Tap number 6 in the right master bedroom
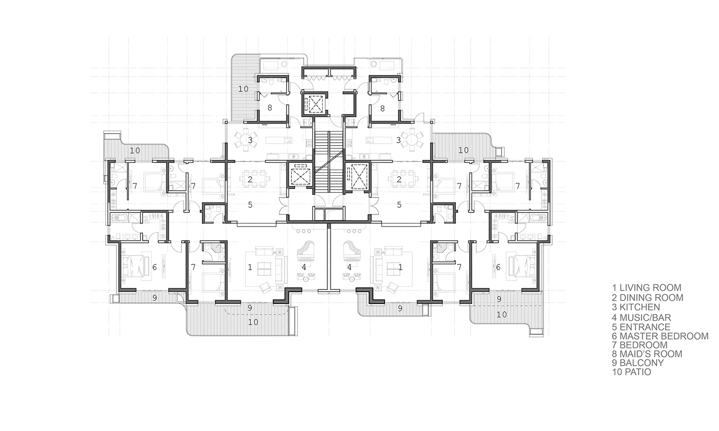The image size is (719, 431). pyautogui.click(x=498, y=267)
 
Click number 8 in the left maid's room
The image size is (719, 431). pyautogui.click(x=269, y=108)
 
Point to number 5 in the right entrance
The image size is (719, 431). pyautogui.click(x=399, y=204)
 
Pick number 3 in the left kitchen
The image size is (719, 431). pyautogui.click(x=250, y=140)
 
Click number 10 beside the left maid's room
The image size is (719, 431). pyautogui.click(x=243, y=89)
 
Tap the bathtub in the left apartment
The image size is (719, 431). pyautogui.click(x=119, y=218)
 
